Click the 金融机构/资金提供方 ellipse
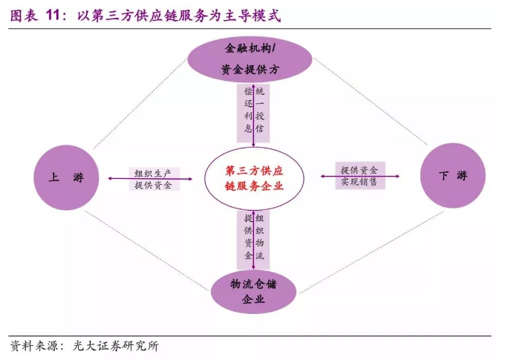pyautogui.click(x=253, y=59)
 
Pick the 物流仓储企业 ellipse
pyautogui.click(x=253, y=292)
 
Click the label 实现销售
pyautogui.click(x=359, y=182)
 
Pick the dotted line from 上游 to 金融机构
pyautogui.click(x=134, y=104)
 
